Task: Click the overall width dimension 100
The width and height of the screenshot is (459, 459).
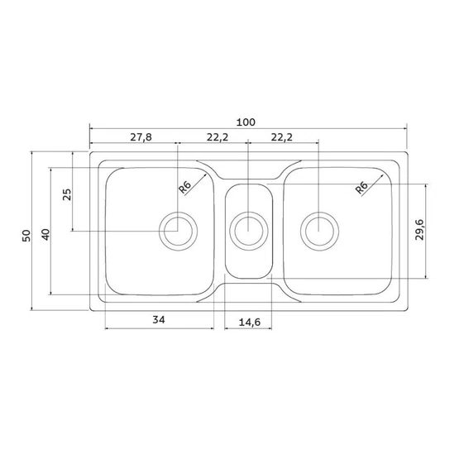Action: (x=246, y=122)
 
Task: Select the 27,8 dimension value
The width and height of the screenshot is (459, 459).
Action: (x=141, y=137)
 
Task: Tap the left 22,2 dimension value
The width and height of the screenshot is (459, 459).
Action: (x=218, y=137)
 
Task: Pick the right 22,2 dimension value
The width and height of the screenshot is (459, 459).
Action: (x=282, y=137)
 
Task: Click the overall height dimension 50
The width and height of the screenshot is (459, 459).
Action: (x=26, y=236)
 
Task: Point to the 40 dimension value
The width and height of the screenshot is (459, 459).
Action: (x=45, y=235)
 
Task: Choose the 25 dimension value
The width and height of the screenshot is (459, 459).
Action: (x=67, y=194)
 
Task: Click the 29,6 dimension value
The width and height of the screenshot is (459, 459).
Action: (x=419, y=230)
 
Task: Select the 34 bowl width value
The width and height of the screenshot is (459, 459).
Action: (x=159, y=320)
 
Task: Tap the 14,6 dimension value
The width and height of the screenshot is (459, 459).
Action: (x=250, y=323)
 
